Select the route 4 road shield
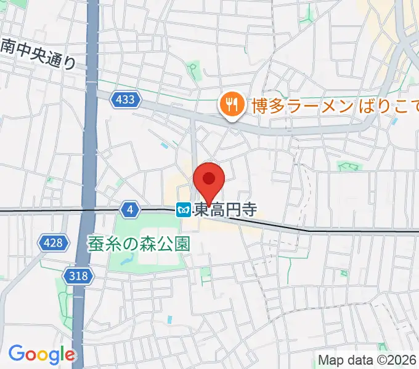point(129,210)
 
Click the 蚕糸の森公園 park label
point(139,244)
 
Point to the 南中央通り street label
point(38,54)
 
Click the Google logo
point(42,354)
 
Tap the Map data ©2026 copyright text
point(367,360)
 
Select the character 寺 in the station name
point(247,210)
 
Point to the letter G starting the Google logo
point(17,354)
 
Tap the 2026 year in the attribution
point(403,360)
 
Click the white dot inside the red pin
point(209,178)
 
